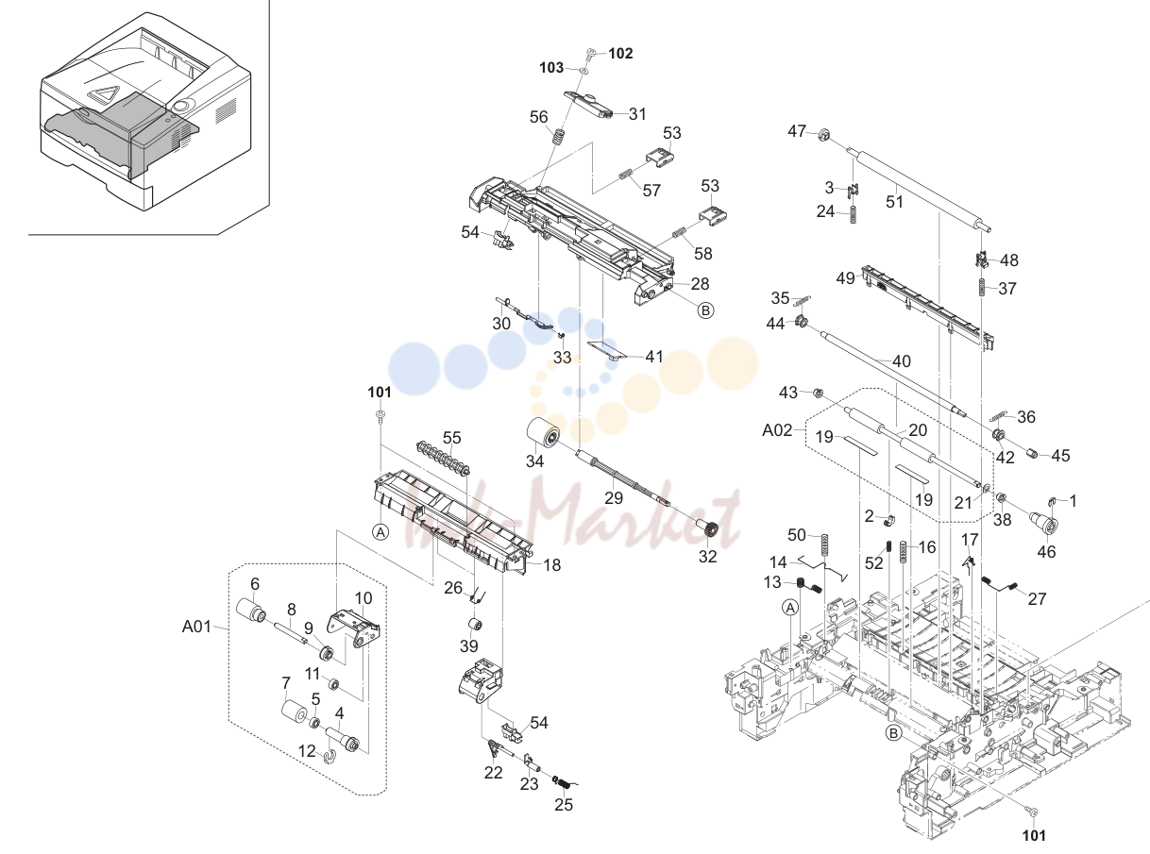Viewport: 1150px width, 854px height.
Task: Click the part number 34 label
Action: [534, 461]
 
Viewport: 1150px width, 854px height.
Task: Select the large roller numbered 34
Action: [543, 437]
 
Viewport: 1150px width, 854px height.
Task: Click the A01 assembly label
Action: [196, 627]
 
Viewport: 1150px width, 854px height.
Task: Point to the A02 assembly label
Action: [777, 430]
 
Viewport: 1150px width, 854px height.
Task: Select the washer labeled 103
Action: [583, 70]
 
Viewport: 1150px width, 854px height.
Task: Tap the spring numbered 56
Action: [558, 138]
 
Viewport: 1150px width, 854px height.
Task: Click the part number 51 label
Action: [894, 202]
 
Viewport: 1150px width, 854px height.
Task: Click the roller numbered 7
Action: [295, 711]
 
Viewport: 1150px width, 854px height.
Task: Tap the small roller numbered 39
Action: [473, 625]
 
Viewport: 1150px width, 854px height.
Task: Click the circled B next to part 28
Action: [705, 310]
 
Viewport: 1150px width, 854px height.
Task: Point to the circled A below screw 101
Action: [381, 532]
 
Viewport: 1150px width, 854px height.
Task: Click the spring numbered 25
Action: [564, 783]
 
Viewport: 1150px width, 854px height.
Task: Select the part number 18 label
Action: [552, 565]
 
